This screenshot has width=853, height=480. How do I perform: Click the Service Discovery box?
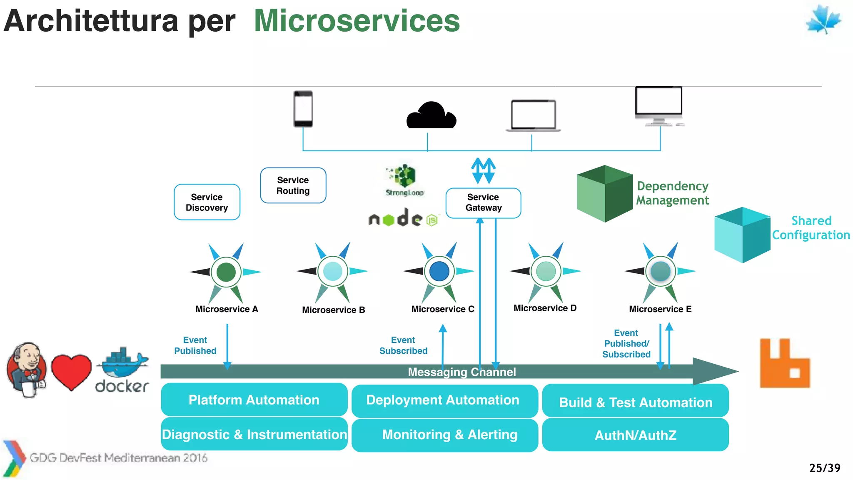click(207, 202)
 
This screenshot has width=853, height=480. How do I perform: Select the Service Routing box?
click(293, 185)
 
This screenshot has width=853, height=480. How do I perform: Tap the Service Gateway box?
click(483, 202)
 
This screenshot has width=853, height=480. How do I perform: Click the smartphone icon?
click(303, 109)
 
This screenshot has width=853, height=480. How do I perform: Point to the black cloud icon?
click(431, 116)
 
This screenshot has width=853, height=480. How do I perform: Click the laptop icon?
click(533, 115)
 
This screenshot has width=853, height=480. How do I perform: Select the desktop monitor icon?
click(659, 105)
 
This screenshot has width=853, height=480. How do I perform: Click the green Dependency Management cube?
click(604, 193)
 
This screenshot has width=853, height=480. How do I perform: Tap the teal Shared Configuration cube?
click(742, 235)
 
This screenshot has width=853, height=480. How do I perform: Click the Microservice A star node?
click(226, 272)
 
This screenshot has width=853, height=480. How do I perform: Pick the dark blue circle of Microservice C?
click(439, 271)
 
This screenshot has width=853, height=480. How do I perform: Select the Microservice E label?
click(660, 309)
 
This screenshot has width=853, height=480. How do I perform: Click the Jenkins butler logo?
click(27, 370)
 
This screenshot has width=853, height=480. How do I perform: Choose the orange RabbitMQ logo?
click(785, 364)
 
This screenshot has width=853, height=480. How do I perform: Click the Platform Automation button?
click(254, 400)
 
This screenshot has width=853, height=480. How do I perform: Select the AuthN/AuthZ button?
click(635, 435)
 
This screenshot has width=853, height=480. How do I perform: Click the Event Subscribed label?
click(403, 345)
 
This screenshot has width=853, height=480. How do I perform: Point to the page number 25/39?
click(825, 468)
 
